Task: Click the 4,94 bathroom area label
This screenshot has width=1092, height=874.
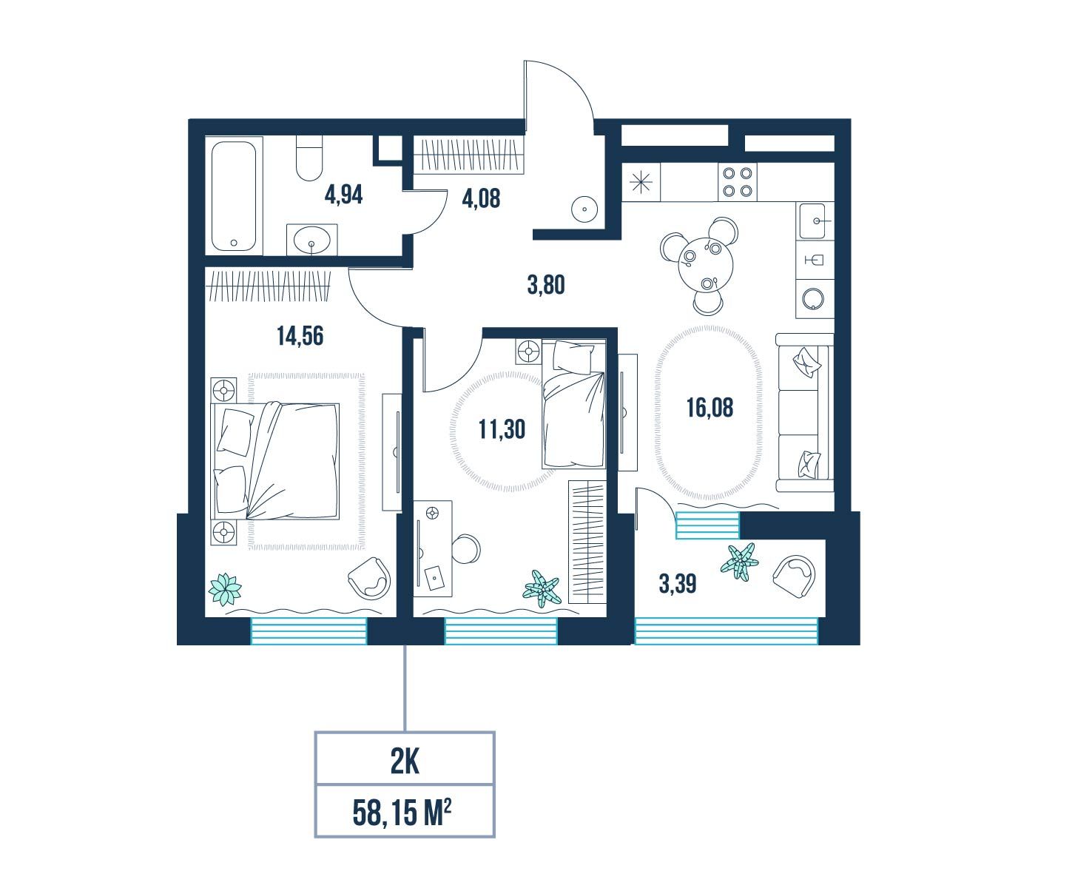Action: (343, 195)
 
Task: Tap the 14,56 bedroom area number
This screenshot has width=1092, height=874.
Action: (300, 335)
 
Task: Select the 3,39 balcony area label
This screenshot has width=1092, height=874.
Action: (678, 584)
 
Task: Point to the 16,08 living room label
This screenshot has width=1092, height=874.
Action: (710, 408)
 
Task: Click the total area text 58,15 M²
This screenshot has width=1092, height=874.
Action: (402, 813)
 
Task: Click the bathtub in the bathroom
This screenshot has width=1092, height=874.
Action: (234, 196)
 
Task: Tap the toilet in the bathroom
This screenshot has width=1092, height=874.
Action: (309, 158)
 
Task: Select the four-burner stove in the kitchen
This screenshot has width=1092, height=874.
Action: (738, 182)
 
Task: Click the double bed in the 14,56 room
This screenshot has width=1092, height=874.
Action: (275, 461)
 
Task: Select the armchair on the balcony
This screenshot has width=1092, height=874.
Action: (793, 576)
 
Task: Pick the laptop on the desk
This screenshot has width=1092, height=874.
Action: (434, 579)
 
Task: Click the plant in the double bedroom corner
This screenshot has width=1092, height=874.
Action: (225, 589)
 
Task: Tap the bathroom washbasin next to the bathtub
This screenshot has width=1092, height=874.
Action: (311, 240)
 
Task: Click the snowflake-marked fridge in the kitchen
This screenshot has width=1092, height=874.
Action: (641, 182)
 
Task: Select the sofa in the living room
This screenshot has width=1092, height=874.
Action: (805, 413)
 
